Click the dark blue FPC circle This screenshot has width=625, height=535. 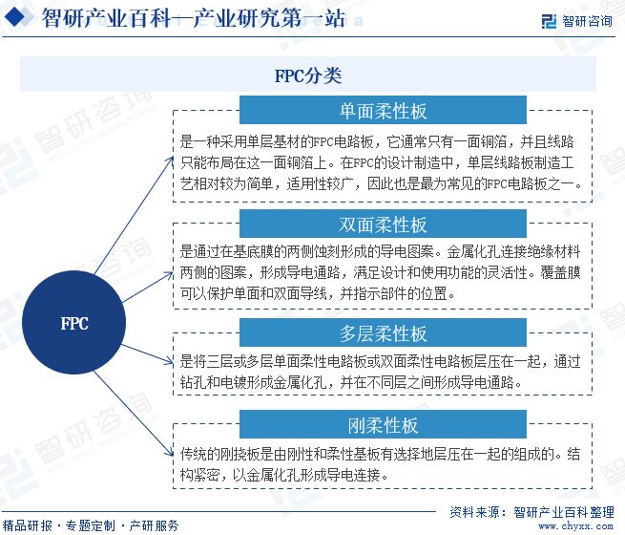(73, 324)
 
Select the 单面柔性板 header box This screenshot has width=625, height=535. (382, 111)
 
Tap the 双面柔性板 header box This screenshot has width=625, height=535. (382, 225)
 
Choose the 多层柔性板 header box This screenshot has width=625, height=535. (382, 333)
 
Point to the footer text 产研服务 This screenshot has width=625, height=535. (154, 525)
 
